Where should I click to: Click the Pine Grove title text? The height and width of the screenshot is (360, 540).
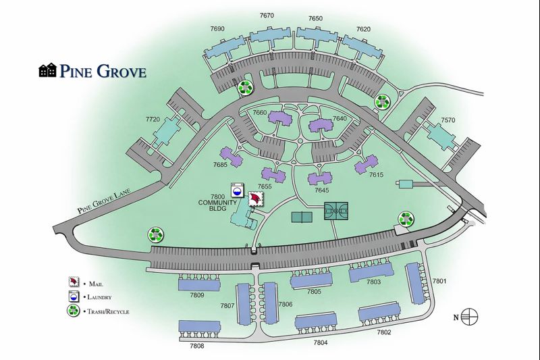click(x=103, y=71)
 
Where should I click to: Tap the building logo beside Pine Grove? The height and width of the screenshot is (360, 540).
click(x=48, y=71)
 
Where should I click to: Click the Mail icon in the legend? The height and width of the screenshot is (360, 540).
click(x=74, y=283)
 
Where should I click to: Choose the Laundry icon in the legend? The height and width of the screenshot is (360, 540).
click(x=74, y=297)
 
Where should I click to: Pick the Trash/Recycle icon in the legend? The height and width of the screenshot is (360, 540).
click(x=74, y=311)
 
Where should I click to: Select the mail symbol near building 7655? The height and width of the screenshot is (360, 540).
click(x=256, y=199)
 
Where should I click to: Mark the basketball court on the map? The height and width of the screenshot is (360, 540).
click(x=337, y=211)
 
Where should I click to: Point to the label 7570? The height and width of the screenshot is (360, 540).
click(x=448, y=120)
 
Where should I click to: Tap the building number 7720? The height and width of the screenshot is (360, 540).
click(x=153, y=119)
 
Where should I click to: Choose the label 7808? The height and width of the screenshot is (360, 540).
click(x=197, y=345)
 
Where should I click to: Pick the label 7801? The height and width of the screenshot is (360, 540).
click(x=440, y=281)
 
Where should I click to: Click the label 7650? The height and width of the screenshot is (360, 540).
click(x=315, y=19)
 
